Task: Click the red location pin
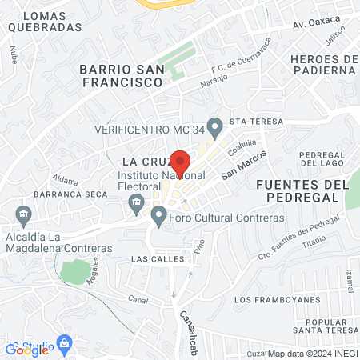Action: point(181,162)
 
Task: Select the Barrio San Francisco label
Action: point(122,75)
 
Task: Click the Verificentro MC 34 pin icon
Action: point(214,126)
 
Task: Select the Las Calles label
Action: point(158,259)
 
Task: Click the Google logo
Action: point(27,349)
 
